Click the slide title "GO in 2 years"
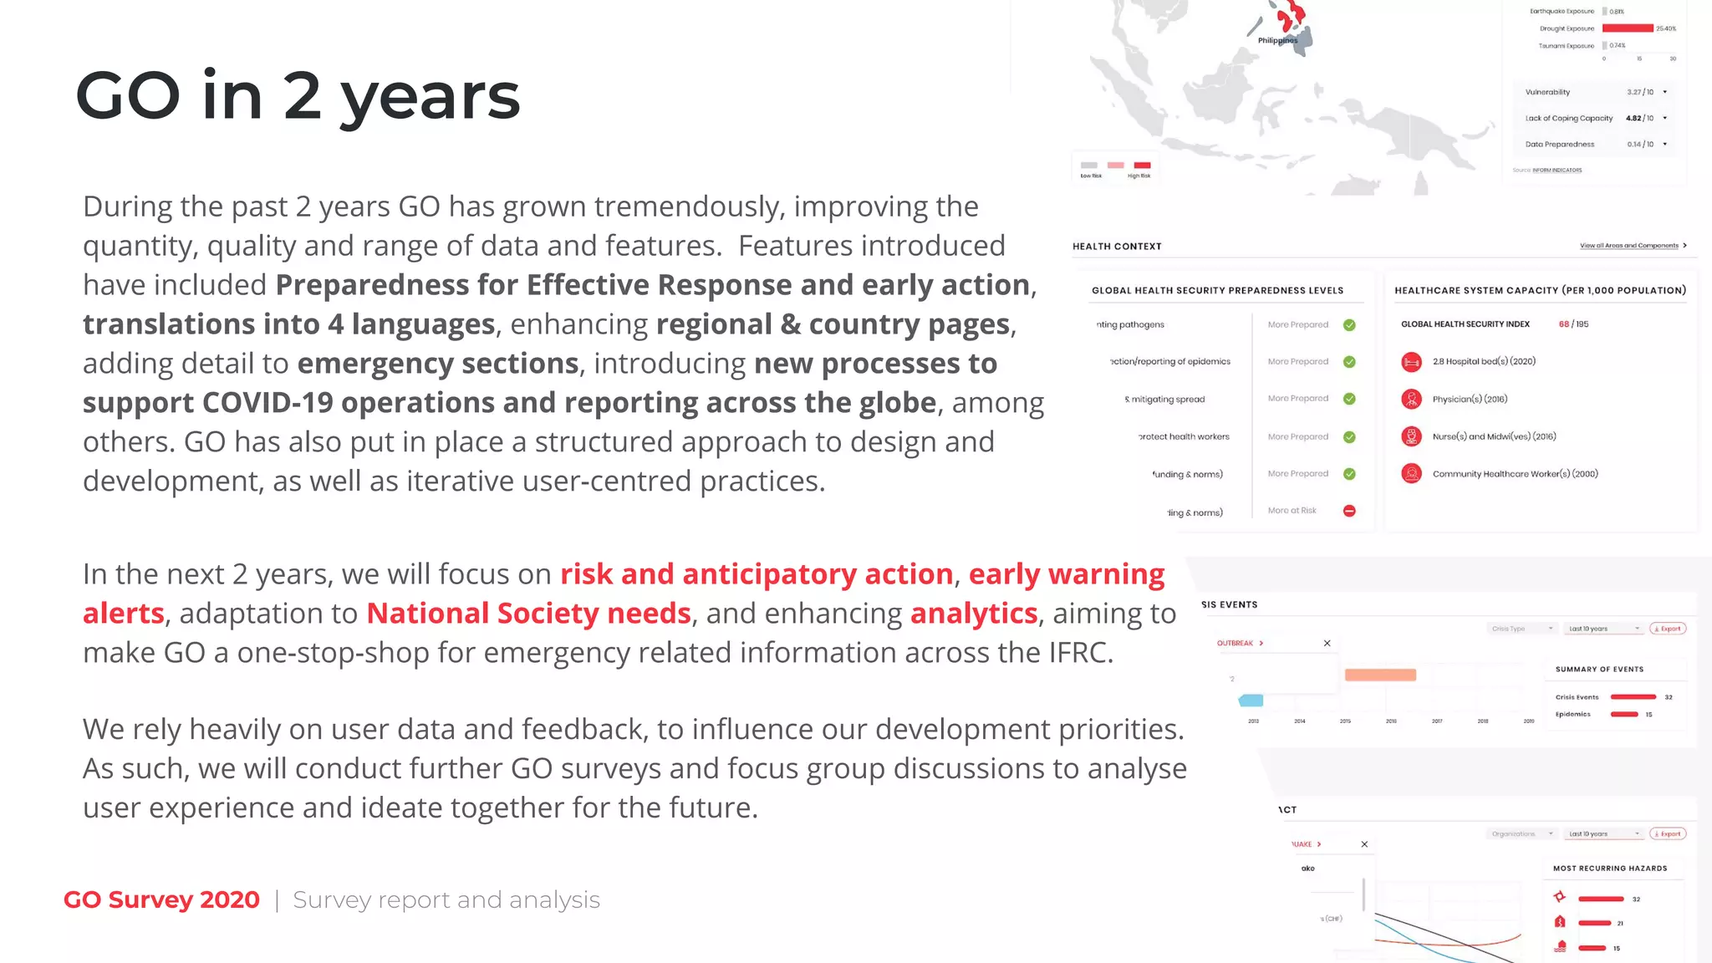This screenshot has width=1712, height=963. pos(298,96)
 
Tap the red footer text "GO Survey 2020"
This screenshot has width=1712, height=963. pos(161,899)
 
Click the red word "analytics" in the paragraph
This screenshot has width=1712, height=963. pos(973,614)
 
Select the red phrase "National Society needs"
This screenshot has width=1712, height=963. pos(528,614)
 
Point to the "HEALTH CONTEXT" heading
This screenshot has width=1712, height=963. pos(1117,247)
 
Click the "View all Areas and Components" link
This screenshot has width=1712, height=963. pos(1630,246)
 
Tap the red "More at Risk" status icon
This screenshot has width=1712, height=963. pos(1349,511)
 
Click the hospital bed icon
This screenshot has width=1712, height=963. pos(1411,362)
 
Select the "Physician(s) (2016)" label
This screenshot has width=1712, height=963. pos(1470,400)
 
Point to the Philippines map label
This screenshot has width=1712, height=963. pos(1277,40)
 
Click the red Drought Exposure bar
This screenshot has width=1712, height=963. pos(1627,28)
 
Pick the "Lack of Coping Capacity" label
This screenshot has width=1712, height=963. pos(1568,119)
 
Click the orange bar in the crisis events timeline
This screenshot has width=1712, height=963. pos(1380,675)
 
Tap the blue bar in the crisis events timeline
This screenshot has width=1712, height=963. pos(1251,700)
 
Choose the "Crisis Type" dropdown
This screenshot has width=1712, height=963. pos(1521,629)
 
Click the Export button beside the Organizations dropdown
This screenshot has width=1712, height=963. pos(1668,833)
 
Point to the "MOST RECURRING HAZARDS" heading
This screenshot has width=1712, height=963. pos(1610,869)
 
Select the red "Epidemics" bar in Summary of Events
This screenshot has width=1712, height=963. pos(1624,714)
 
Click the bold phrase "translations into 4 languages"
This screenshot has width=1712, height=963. pos(288,324)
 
